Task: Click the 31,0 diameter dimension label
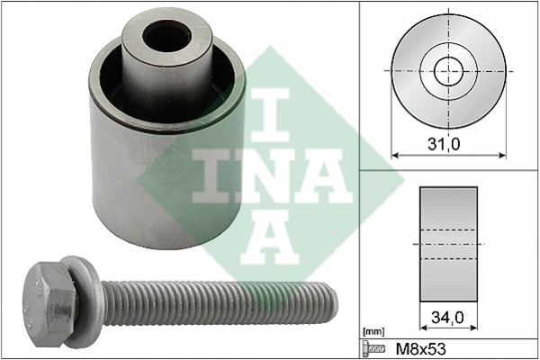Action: pos(444,144)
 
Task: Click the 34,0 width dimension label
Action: pos(447,318)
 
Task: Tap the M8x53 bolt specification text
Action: pos(420,349)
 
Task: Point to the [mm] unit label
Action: pos(373,332)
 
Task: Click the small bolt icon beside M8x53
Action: pos(373,349)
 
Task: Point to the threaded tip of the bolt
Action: pos(331,304)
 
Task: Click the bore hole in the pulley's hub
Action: pos(167,36)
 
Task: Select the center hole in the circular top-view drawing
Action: pos(448,71)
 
